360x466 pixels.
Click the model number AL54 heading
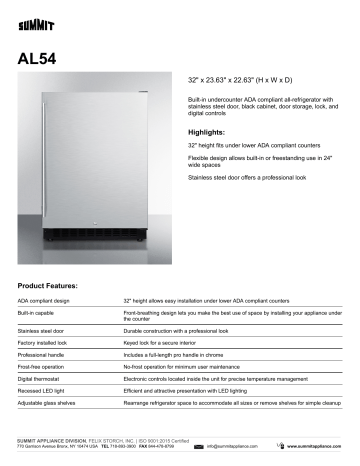click(x=39, y=58)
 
